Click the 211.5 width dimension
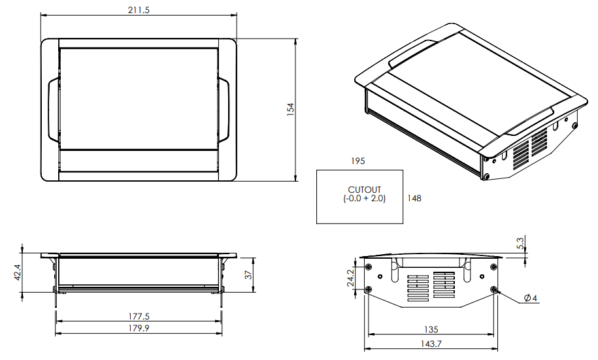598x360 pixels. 138,10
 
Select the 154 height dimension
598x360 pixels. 291,110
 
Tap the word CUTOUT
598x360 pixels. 364,190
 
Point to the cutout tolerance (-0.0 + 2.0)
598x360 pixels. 364,199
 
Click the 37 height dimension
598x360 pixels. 248,275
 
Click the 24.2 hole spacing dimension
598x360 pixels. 350,278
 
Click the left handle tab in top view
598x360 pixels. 52,109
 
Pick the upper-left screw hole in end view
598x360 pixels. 369,267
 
